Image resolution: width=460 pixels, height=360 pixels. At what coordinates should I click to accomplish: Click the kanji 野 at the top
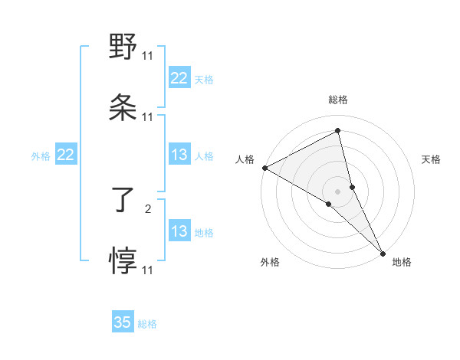pyautogui.click(x=123, y=47)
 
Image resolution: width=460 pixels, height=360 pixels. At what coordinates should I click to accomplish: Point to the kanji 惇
pyautogui.click(x=123, y=261)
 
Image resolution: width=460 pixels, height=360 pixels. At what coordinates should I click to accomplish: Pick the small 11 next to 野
pyautogui.click(x=148, y=55)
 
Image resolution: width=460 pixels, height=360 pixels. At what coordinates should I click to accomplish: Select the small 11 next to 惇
pyautogui.click(x=148, y=270)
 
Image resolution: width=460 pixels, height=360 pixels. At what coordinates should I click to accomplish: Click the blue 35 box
pyautogui.click(x=123, y=322)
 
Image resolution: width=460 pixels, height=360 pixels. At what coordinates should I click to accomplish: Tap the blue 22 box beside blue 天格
pyautogui.click(x=179, y=78)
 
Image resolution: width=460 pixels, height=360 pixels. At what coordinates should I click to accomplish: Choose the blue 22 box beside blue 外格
pyautogui.click(x=66, y=155)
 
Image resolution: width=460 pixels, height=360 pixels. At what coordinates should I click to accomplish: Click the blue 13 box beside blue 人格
pyautogui.click(x=179, y=155)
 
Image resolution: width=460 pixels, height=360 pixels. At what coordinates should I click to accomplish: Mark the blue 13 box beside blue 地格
pyautogui.click(x=179, y=231)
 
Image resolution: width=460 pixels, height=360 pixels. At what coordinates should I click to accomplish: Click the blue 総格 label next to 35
pyautogui.click(x=147, y=324)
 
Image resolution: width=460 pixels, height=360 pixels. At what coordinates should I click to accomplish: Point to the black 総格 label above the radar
pyautogui.click(x=338, y=100)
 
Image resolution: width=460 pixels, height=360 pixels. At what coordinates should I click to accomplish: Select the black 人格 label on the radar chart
pyautogui.click(x=245, y=159)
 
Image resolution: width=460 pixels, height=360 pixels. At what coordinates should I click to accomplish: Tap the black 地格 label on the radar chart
pyautogui.click(x=402, y=262)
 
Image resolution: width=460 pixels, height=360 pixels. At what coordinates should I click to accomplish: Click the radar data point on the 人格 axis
pyautogui.click(x=264, y=168)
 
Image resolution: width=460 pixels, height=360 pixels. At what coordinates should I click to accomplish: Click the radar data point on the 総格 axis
pyautogui.click(x=338, y=131)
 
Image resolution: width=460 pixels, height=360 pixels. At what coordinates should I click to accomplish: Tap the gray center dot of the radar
pyautogui.click(x=338, y=191)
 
